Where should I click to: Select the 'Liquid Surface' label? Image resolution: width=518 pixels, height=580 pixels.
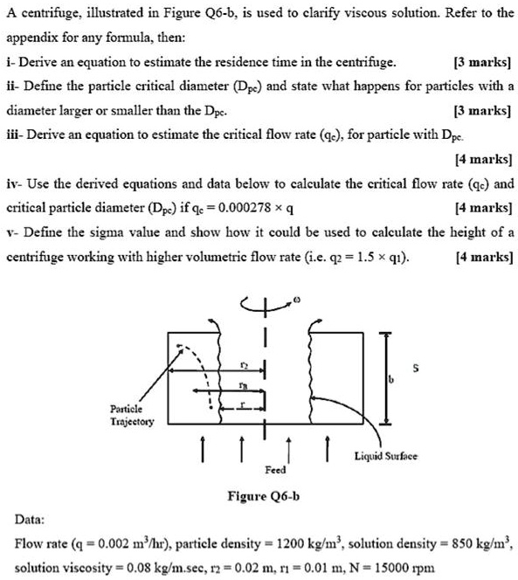click(x=386, y=456)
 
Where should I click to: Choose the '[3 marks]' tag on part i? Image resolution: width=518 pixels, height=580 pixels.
click(x=483, y=63)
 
